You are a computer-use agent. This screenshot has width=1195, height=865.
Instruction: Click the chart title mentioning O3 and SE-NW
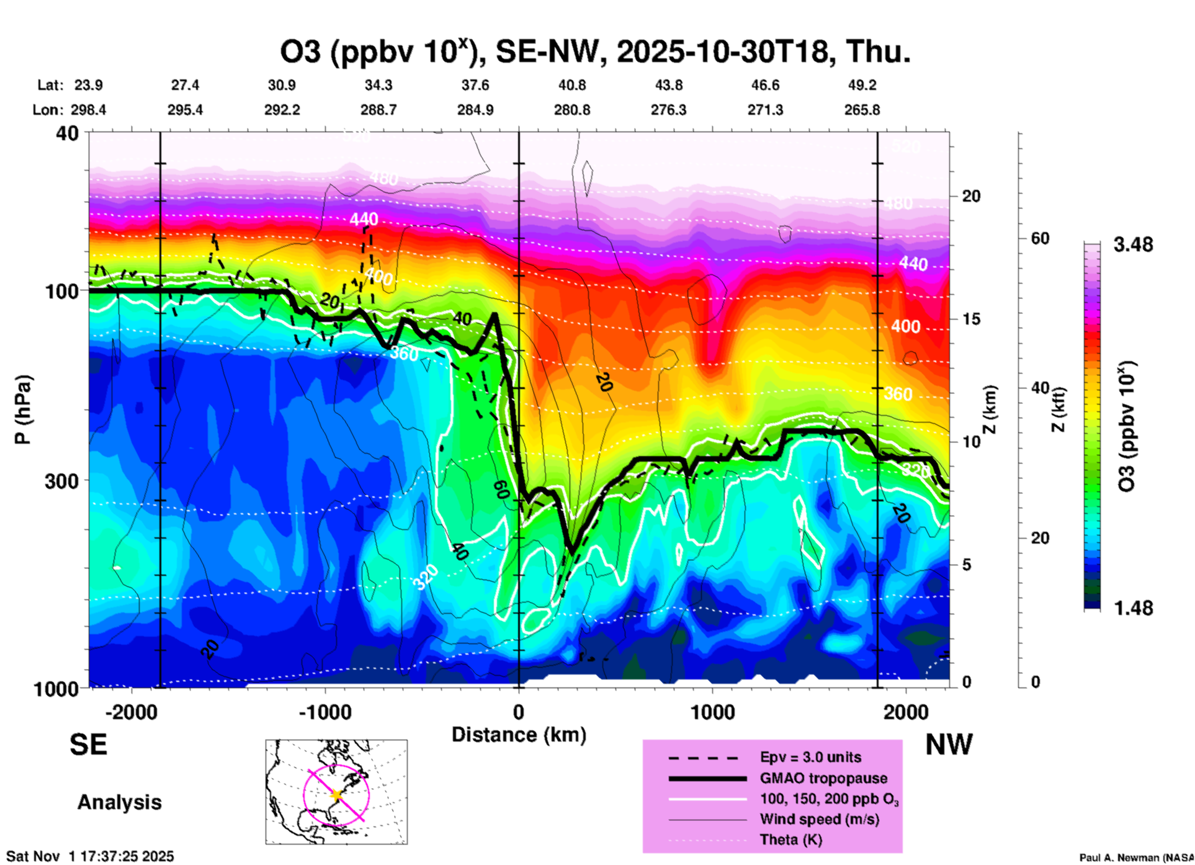tap(595, 52)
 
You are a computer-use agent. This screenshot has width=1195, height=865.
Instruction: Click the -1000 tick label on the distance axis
tap(324, 712)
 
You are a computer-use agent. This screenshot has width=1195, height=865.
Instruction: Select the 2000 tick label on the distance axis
tap(906, 712)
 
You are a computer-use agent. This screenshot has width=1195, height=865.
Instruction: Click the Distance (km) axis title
tap(519, 735)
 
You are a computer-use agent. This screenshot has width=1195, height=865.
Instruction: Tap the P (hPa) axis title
tap(23, 410)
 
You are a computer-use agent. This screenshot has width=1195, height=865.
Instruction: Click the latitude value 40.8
tap(571, 85)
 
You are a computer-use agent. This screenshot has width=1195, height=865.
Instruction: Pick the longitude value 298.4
tap(88, 110)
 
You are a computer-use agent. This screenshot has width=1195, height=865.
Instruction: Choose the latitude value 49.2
tap(862, 85)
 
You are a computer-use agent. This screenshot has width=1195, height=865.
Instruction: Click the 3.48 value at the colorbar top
tap(1133, 245)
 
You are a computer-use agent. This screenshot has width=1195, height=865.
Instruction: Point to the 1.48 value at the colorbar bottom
tap(1133, 608)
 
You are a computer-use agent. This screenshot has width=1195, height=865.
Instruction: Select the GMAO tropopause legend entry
tap(823, 778)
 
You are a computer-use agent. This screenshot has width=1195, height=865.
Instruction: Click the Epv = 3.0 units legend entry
tap(810, 758)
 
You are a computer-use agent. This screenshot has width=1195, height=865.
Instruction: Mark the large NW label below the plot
tap(949, 745)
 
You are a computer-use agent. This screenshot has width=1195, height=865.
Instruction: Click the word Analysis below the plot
tap(119, 802)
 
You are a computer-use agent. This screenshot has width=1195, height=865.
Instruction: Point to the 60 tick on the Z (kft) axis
tap(1040, 239)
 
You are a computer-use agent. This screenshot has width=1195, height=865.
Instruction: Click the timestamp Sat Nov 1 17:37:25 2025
tap(91, 857)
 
